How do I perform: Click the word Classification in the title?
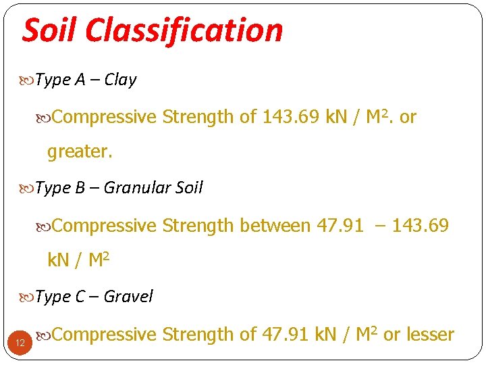(184, 31)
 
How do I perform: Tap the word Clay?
(120, 80)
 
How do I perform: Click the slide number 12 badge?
(20, 343)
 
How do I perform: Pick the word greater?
(79, 152)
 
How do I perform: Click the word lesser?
(428, 334)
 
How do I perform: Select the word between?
(274, 225)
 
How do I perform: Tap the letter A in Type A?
(80, 80)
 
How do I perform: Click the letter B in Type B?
(80, 188)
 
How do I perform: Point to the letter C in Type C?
(80, 296)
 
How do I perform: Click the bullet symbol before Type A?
(28, 80)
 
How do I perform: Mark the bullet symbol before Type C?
(28, 297)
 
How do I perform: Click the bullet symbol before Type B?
(28, 189)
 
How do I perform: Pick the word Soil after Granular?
(189, 188)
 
